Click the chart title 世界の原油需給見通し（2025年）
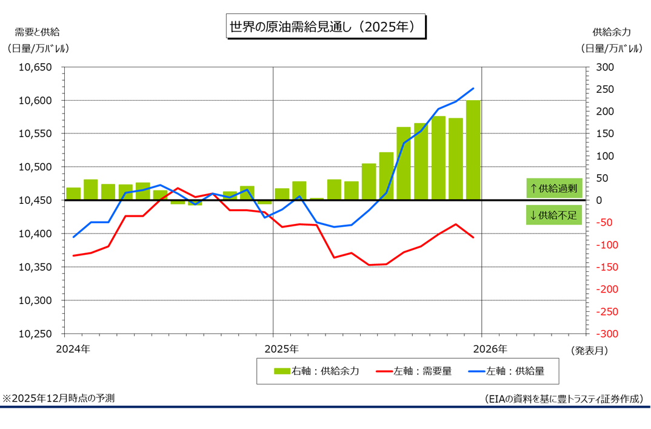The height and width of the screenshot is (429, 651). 326,27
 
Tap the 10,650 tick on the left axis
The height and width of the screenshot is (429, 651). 36,67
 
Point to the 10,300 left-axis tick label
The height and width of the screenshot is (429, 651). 36,301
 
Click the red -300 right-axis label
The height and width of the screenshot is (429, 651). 607,334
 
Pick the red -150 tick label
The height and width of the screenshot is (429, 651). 607,268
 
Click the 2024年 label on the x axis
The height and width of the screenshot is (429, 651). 73,349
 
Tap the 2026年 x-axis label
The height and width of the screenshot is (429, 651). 490,349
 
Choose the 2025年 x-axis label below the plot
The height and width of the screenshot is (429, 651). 281,349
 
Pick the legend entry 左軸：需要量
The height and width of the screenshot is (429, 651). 414,371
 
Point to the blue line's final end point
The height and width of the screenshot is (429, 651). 473,89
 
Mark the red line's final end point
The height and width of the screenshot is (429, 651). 473,237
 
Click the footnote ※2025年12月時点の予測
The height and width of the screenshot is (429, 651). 59,398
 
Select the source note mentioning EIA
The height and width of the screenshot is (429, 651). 563,399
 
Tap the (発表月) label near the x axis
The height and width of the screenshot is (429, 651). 588,350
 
